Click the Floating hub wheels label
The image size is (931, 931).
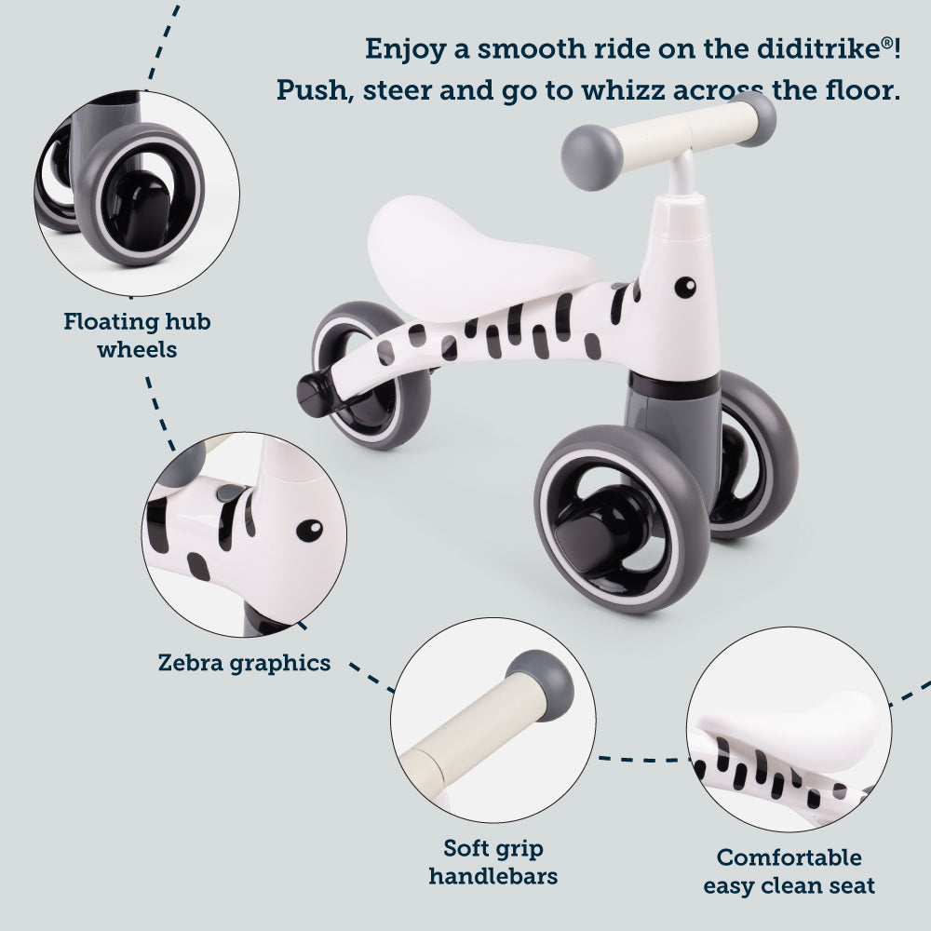(137, 335)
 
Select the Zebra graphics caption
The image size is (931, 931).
(244, 663)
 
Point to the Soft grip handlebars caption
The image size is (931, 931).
(493, 862)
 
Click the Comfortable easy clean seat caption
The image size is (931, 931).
(789, 871)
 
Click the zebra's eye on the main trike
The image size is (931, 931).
(685, 288)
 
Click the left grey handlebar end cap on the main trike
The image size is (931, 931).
(591, 157)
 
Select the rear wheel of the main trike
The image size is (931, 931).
(371, 375)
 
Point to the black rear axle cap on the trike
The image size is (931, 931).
(316, 393)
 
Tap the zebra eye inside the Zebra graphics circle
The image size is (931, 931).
(309, 531)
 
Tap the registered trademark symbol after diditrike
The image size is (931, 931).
(886, 42)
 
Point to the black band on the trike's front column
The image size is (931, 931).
(674, 386)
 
